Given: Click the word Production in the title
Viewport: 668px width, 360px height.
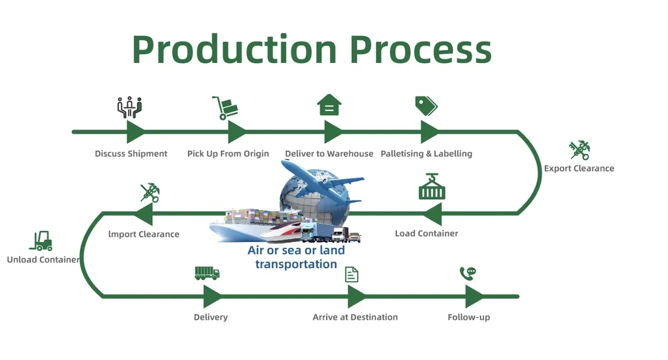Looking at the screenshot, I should point(235,49).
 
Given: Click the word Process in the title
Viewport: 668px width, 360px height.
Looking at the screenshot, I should point(420,49).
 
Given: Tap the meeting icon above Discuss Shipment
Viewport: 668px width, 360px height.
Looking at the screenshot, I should point(130,107).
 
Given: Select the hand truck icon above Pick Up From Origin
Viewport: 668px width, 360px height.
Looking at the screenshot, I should point(225,107).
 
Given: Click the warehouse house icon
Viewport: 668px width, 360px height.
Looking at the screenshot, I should point(329,105).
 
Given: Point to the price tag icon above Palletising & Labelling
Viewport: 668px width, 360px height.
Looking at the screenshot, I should point(426,105).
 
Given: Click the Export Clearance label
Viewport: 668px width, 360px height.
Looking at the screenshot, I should point(578,168).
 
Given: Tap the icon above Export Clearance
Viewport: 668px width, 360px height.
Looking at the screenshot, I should point(579,150).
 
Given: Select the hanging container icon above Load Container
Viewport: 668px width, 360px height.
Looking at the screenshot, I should point(431,187).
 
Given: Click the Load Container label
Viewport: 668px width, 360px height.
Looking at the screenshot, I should point(426,233).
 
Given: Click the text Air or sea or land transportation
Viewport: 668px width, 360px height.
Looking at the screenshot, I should point(296,257).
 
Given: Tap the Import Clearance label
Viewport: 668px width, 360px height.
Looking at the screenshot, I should point(144,234).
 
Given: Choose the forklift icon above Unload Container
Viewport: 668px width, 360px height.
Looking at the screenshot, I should point(41,240).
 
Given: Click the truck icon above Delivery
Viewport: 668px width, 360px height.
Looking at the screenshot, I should point(207,273).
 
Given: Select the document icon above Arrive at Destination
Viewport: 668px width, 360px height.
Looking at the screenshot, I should point(351,274).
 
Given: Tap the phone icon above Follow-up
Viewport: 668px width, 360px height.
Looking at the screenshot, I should point(467,273).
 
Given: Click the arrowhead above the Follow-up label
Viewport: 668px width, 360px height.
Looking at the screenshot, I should point(474,296).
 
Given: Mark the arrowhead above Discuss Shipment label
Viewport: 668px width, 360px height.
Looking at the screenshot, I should point(135,132).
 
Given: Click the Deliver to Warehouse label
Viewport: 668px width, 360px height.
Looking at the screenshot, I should point(329,154).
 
